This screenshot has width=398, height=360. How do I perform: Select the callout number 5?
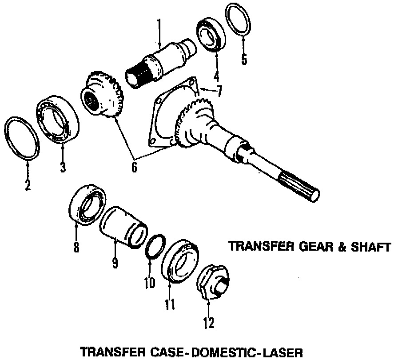click(x=244, y=60)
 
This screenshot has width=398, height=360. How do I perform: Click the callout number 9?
click(x=115, y=263)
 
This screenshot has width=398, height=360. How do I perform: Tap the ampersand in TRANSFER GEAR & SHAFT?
click(x=341, y=246)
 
